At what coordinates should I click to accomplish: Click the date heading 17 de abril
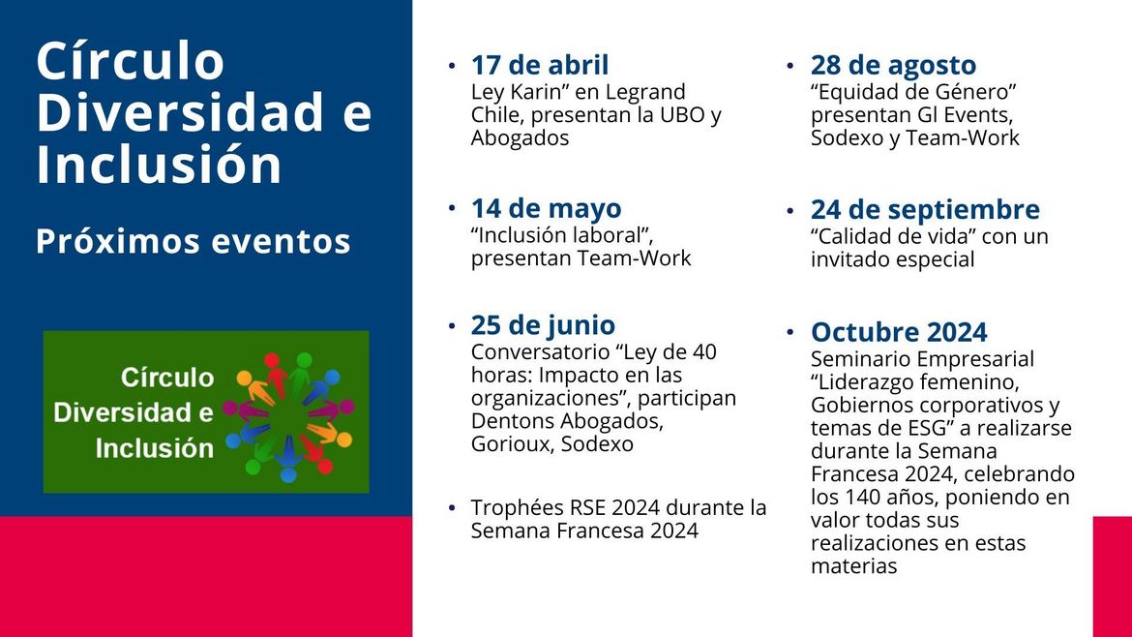pyautogui.click(x=539, y=65)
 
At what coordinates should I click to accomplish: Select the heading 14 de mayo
pyautogui.click(x=546, y=209)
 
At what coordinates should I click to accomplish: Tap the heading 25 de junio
pyautogui.click(x=543, y=325)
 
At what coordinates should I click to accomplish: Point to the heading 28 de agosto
pyautogui.click(x=893, y=66)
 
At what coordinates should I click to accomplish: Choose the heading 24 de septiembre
pyautogui.click(x=925, y=210)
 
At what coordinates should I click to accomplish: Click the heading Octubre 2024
pyautogui.click(x=899, y=332)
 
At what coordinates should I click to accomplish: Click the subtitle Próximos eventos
pyautogui.click(x=194, y=241)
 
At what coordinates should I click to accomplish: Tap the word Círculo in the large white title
pyautogui.click(x=131, y=61)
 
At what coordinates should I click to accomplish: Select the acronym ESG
pyautogui.click(x=923, y=428)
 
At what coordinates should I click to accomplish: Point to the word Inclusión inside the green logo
pyautogui.click(x=155, y=448)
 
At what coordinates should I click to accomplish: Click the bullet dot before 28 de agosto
pyautogui.click(x=790, y=65)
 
